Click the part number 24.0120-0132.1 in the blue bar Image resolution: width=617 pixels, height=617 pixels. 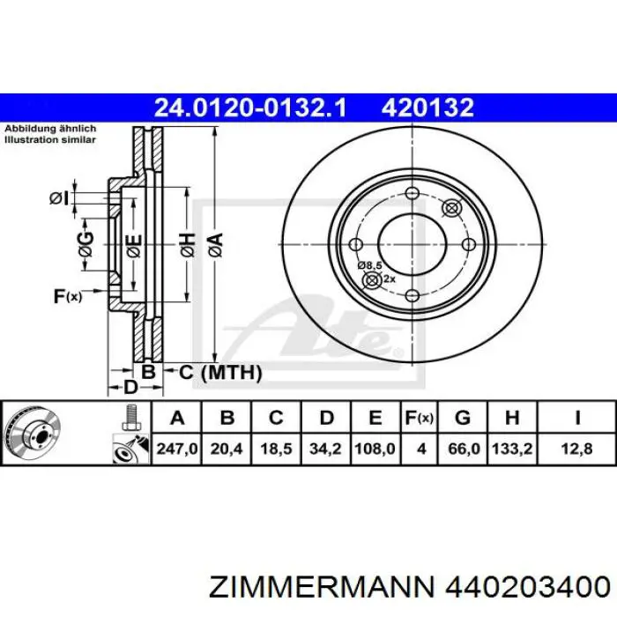point(250,108)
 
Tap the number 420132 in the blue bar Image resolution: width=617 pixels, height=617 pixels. point(427,108)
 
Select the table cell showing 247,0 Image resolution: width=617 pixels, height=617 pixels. point(176,449)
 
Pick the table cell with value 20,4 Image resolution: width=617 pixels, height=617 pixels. point(227,449)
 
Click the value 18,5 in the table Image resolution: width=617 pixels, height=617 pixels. point(276,449)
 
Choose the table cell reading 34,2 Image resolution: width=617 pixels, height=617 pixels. point(326,449)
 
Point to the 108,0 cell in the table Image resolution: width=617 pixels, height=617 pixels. point(375,449)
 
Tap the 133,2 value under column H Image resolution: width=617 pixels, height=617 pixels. point(512,449)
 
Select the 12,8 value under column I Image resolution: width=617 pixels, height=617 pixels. point(576,449)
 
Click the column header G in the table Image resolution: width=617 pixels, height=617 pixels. point(463,418)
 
